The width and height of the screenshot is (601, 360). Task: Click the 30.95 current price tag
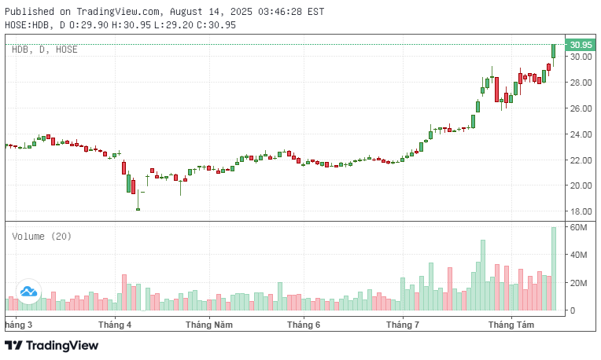pos(581,44)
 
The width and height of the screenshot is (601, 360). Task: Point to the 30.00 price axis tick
pos(581,57)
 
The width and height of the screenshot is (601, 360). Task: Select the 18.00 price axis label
pos(581,211)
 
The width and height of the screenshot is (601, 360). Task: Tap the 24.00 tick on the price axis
pos(581,134)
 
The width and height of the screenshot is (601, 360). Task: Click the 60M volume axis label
pos(580,227)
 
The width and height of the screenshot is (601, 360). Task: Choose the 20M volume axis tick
pos(580,283)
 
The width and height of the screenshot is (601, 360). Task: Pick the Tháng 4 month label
pos(116,324)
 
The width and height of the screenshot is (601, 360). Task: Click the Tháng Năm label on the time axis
pos(209,324)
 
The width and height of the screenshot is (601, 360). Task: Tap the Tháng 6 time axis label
pos(304,324)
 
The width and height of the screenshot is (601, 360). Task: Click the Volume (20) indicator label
pos(42,236)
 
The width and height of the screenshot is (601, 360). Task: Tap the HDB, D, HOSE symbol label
pos(44,49)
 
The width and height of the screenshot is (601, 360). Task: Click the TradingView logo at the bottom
pos(52,345)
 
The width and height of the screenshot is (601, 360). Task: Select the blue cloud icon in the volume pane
pos(28,292)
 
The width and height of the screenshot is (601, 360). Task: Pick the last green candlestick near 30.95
pos(554,51)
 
